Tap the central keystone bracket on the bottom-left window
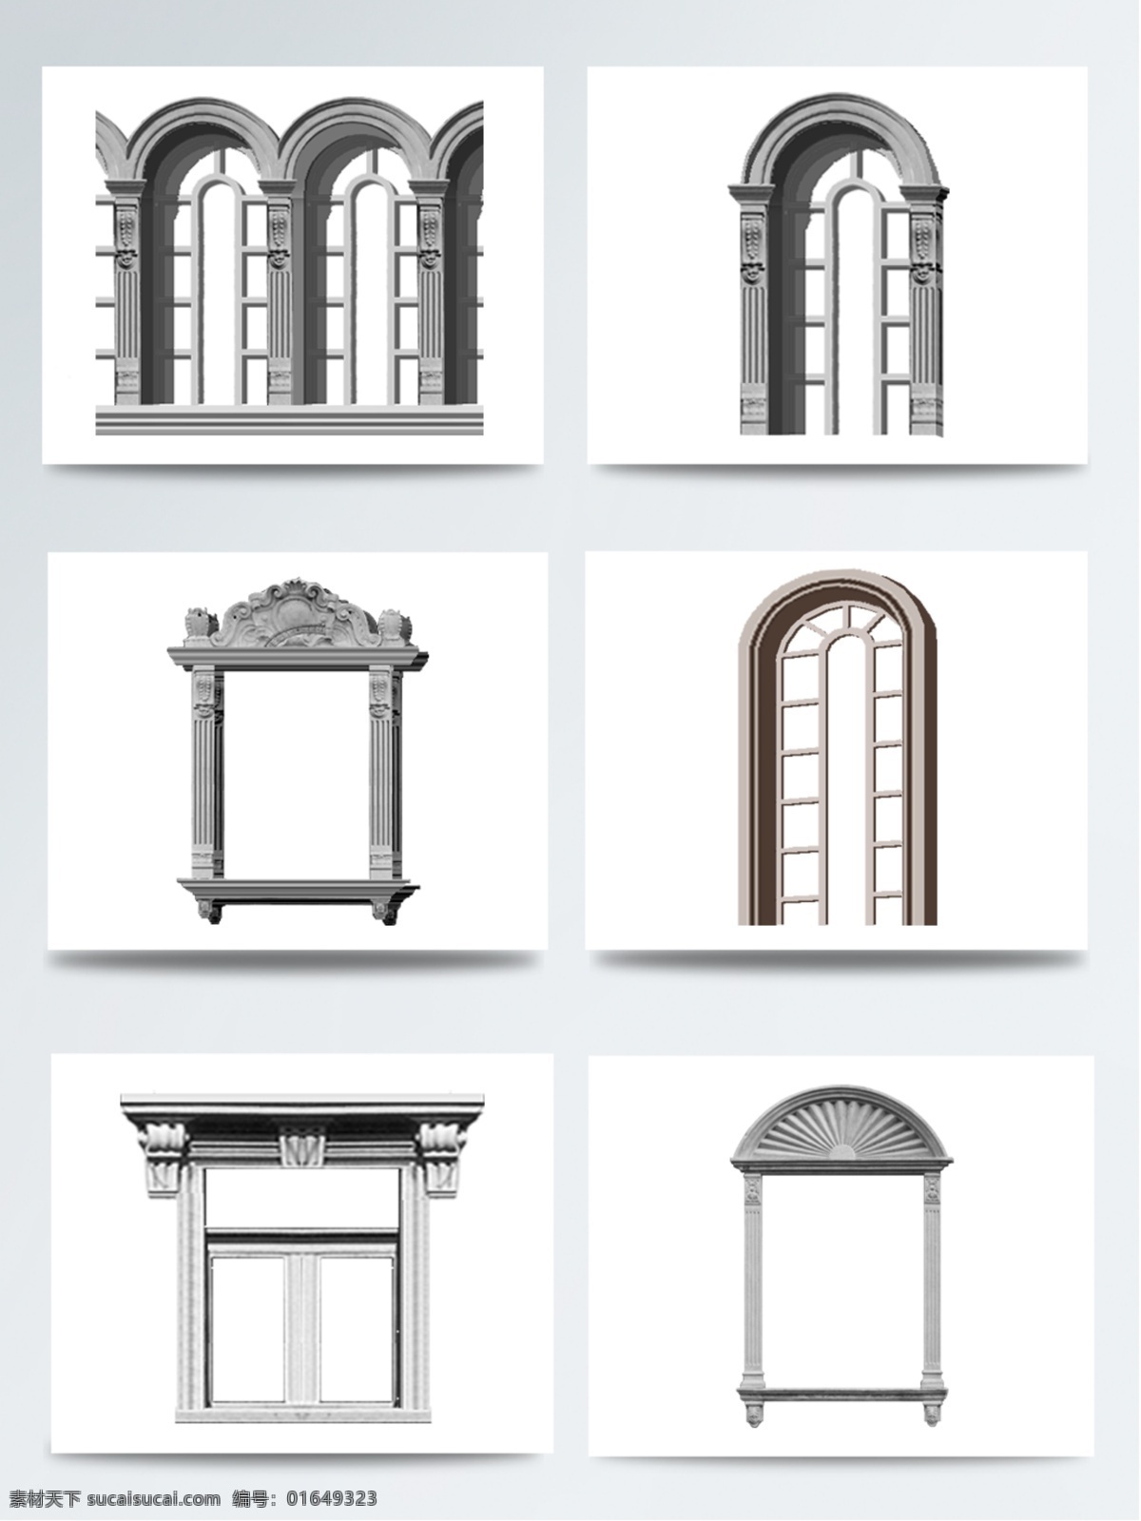point(301,1144)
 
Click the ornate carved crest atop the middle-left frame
point(298,614)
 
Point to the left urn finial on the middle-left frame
point(197,625)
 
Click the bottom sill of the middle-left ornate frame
point(298,890)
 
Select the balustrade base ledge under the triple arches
point(289,420)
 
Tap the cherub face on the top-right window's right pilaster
point(922,270)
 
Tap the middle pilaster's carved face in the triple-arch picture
point(278,258)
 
